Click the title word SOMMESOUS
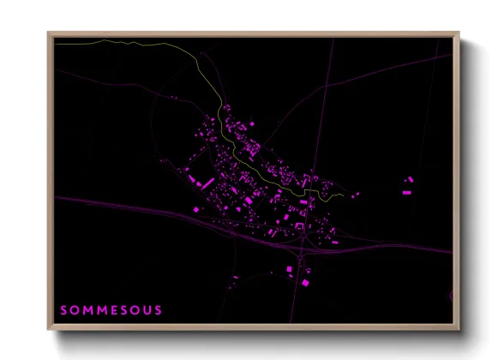(111, 309)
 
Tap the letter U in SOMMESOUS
(147, 309)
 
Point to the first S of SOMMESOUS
(64, 309)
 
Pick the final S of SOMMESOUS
(158, 309)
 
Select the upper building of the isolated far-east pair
(410, 179)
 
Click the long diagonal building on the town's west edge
(205, 183)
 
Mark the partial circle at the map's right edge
(450, 296)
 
